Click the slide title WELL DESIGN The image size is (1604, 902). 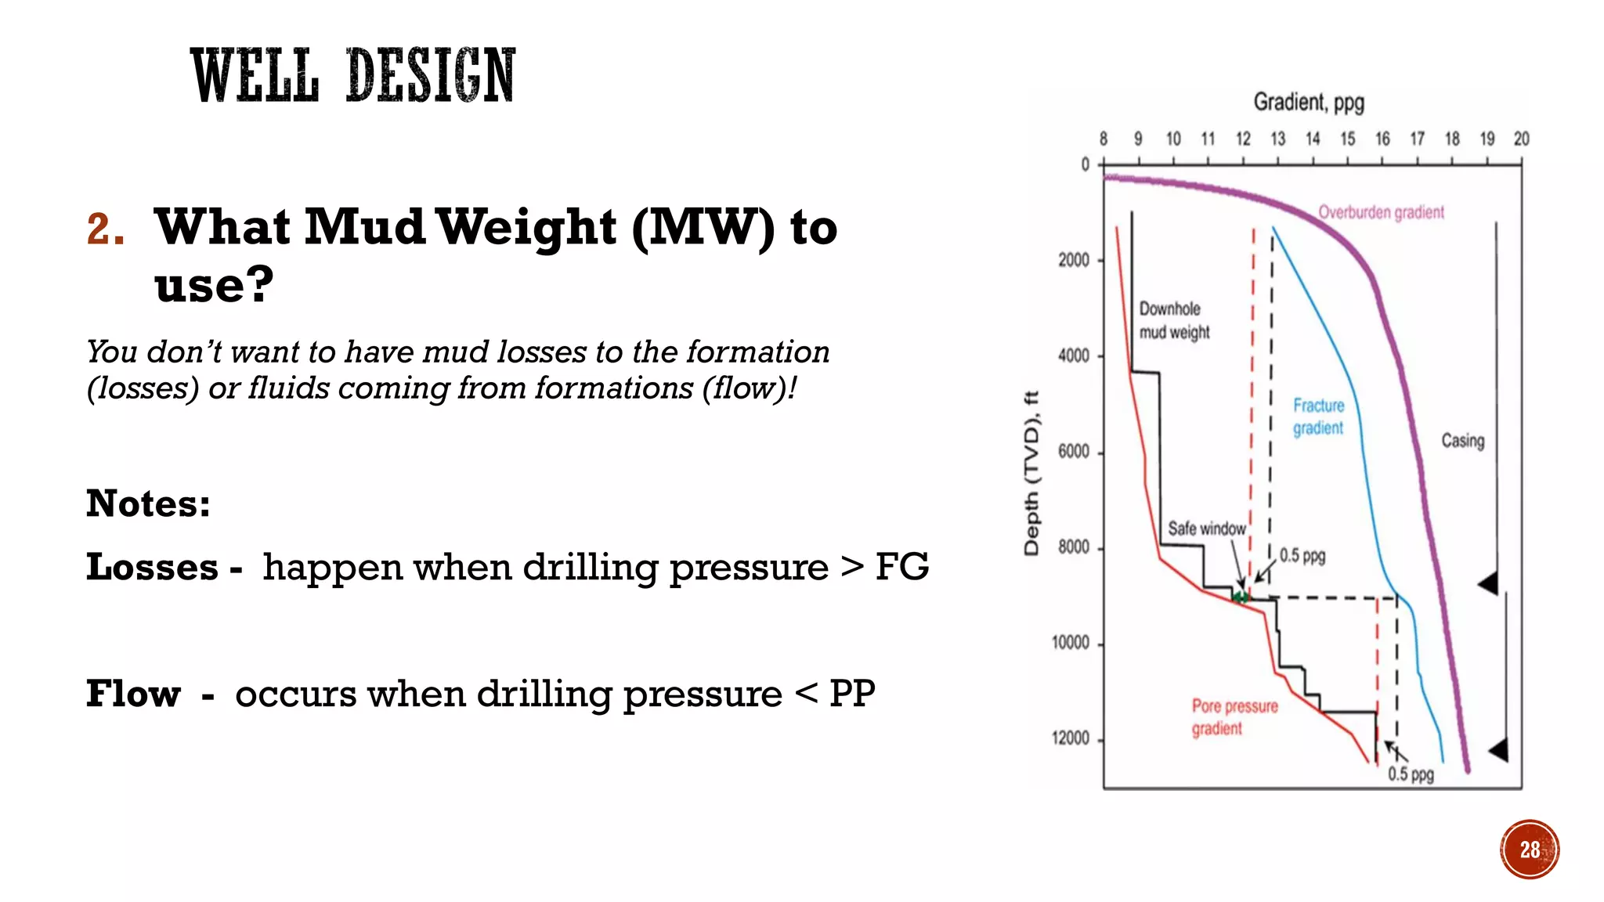tap(352, 75)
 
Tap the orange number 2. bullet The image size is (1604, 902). tap(106, 230)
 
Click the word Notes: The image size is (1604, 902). tap(148, 503)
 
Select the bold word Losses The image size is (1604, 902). tap(152, 567)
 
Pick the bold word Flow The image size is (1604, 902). tap(133, 694)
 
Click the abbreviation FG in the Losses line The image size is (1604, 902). tap(901, 567)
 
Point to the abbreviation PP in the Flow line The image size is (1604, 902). tap(851, 694)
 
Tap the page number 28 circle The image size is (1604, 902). tap(1529, 850)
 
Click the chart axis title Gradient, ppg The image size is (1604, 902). tap(1309, 103)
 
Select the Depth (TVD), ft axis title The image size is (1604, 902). tap(1031, 474)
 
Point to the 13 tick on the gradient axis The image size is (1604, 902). tap(1277, 139)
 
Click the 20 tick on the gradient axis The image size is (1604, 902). tap(1521, 139)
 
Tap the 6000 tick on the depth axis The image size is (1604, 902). tap(1074, 452)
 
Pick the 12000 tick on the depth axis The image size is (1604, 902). tap(1071, 738)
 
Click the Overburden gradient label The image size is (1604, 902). tap(1381, 212)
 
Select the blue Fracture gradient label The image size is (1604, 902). tap(1318, 417)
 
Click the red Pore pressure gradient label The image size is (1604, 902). tap(1234, 717)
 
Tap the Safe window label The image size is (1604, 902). tap(1206, 529)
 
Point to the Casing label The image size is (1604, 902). tap(1462, 441)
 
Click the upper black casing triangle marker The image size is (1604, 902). tap(1489, 583)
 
